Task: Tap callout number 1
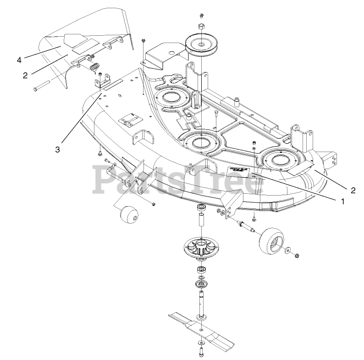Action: pos(342,200)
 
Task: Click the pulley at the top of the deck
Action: pos(202,44)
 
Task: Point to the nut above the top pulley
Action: pos(201,26)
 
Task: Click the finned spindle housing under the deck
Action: pos(201,249)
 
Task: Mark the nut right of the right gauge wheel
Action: pos(297,255)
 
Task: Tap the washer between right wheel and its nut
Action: pos(287,251)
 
